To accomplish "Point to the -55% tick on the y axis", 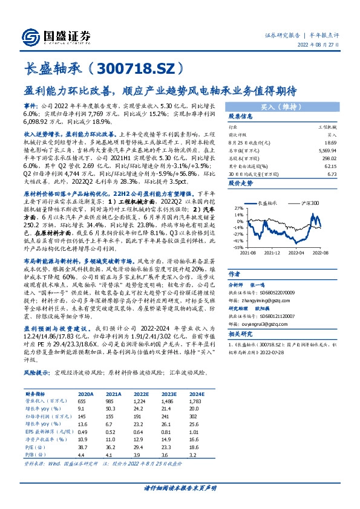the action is tap(234, 247).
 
